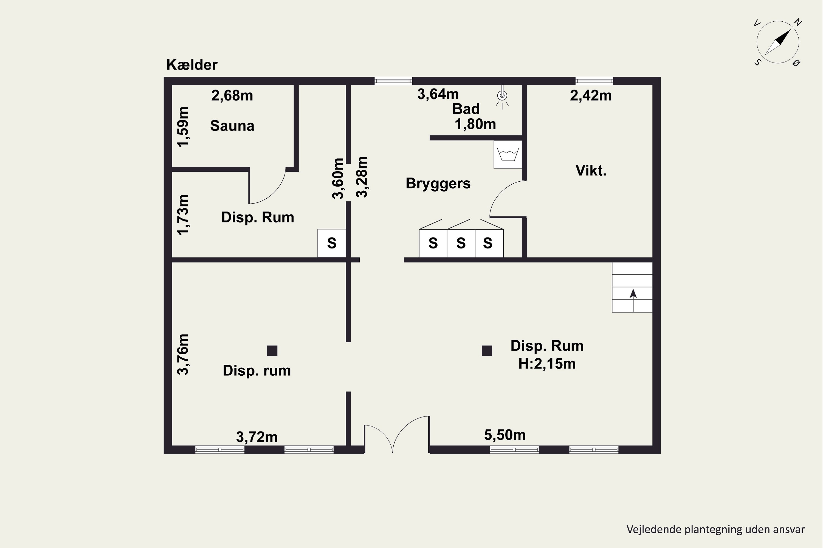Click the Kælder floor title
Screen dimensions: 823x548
[192, 65]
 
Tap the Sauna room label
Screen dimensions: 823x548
[232, 126]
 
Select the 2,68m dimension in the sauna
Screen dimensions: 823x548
[232, 95]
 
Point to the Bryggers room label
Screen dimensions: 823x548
[438, 184]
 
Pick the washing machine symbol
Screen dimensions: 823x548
[508, 155]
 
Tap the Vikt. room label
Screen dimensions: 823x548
[591, 170]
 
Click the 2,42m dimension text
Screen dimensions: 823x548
[591, 95]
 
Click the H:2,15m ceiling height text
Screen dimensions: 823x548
[547, 364]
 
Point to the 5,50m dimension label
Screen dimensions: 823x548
[505, 435]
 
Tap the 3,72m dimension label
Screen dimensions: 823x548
[257, 437]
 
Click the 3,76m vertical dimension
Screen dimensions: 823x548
[183, 354]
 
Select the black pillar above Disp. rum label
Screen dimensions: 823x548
[272, 350]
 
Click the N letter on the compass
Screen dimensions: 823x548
[798, 22]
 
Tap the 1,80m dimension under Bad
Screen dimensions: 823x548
[475, 124]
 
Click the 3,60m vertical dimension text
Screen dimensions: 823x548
[338, 179]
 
